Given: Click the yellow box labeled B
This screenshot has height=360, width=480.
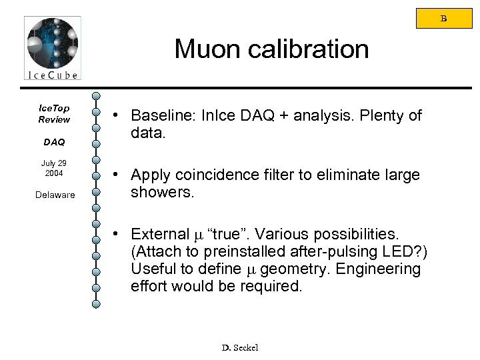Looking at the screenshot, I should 443,18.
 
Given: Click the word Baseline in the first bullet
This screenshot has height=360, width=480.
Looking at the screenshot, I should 159,116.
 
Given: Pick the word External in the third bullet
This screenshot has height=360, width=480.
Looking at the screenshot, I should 161,235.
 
